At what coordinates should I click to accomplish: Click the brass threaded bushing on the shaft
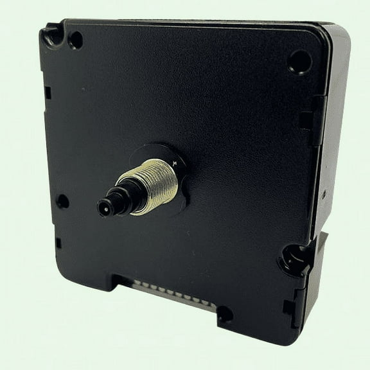click(x=154, y=183)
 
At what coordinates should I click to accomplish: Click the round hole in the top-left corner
click(x=75, y=40)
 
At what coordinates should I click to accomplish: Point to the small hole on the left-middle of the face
click(x=63, y=200)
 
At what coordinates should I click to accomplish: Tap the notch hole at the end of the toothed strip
click(x=224, y=314)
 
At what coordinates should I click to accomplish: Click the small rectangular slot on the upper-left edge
click(x=48, y=92)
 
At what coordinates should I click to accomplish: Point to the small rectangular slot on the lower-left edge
click(x=58, y=243)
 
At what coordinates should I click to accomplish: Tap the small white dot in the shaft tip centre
click(x=102, y=207)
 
